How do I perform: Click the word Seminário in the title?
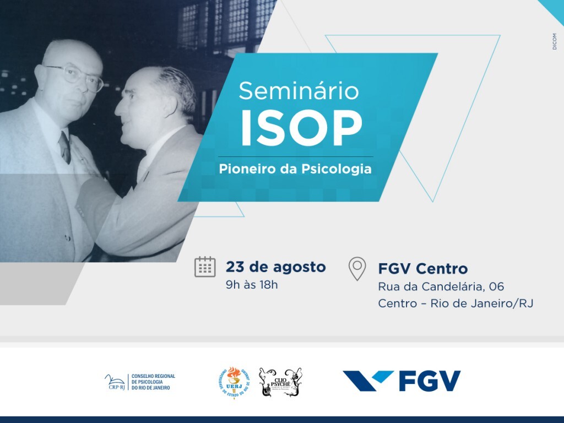coord(299,90)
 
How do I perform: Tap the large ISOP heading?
coord(301,130)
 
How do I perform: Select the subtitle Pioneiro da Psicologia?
coord(295,169)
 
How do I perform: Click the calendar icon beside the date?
coord(205,267)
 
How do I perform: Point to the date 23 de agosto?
coord(275,267)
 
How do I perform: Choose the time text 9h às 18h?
coord(252,285)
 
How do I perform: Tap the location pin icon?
coord(357,268)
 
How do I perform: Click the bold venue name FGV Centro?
coord(422,269)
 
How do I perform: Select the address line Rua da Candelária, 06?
coord(441,286)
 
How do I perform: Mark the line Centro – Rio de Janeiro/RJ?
coord(455,303)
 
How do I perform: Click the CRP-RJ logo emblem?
coord(115,381)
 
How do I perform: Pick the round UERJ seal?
coord(234,382)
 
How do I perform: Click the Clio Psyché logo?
coord(280,382)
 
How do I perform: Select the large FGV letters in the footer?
coord(430,381)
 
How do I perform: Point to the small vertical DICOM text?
coord(555,41)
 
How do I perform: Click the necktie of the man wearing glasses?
coord(65,147)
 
